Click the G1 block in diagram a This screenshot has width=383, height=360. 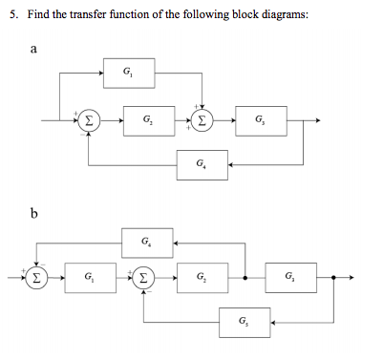(x=128, y=72)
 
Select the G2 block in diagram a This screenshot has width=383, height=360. (x=145, y=121)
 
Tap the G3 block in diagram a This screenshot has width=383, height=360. (x=261, y=121)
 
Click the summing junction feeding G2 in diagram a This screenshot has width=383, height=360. (x=88, y=121)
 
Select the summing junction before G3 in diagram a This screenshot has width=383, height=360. (x=202, y=121)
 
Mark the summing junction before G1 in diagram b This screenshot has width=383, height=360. (x=35, y=279)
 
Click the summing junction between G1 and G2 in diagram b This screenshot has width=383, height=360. (x=144, y=279)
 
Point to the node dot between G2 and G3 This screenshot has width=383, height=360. (x=245, y=279)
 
